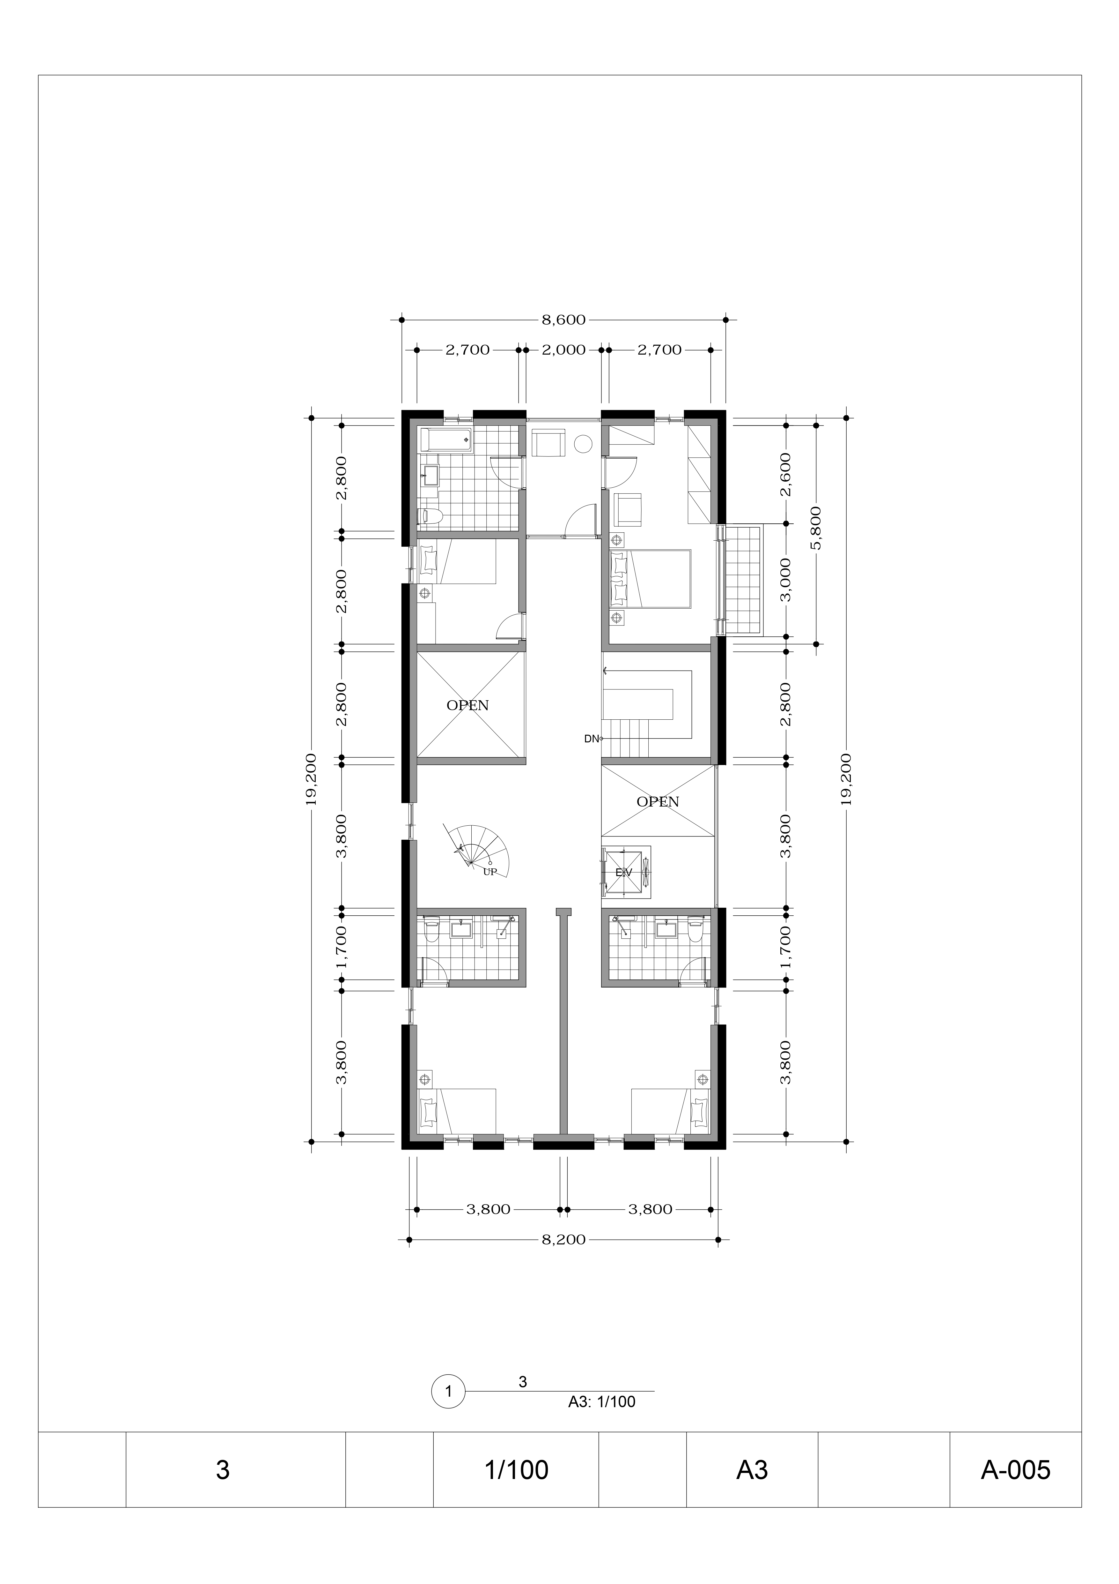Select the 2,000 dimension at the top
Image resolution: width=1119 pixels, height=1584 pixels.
[x=563, y=350]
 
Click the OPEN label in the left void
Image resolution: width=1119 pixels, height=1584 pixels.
[x=467, y=705]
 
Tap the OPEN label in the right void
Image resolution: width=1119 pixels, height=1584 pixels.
[x=658, y=802]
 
